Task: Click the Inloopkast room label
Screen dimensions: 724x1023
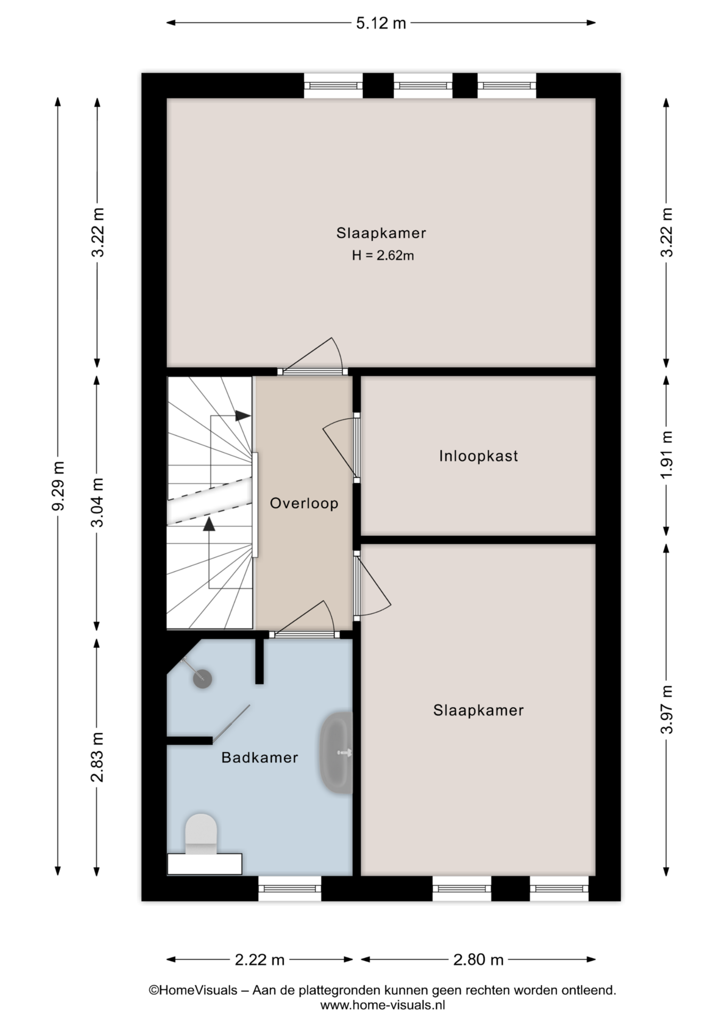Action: click(478, 456)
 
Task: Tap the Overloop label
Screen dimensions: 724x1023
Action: click(304, 504)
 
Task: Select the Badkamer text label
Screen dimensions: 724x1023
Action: click(260, 758)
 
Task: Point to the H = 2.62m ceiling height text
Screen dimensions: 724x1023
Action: click(383, 256)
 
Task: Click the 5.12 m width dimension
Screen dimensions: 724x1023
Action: click(381, 23)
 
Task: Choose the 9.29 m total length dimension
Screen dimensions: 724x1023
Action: click(58, 486)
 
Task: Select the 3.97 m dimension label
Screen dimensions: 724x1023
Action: click(666, 709)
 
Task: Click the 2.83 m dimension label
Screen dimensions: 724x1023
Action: click(97, 757)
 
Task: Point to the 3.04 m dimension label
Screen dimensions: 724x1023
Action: click(97, 502)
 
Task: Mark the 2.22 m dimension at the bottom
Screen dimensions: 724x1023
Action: click(260, 960)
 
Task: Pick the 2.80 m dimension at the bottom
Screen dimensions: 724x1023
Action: click(478, 960)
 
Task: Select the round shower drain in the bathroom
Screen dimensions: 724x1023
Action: click(203, 679)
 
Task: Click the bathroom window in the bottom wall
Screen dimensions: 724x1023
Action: click(289, 888)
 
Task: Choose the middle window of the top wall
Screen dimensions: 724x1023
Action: click(423, 85)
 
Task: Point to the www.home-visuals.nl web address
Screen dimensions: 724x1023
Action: click(382, 1005)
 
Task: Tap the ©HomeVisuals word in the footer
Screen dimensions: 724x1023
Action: click(192, 990)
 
